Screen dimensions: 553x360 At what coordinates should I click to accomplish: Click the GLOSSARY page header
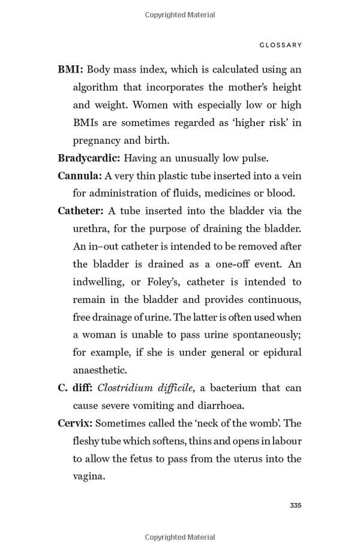281,45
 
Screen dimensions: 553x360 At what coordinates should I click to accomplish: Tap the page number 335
295,506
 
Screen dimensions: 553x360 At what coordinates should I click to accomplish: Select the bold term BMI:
70,70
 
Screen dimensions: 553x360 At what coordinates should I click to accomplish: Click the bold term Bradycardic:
89,158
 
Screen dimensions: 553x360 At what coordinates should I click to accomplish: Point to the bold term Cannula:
80,176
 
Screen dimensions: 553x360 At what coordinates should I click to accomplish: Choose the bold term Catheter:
80,211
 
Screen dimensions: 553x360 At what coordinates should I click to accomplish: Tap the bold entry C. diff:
75,388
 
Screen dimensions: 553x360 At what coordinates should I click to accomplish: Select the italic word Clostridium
124,388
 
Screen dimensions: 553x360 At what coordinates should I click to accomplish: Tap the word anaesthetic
100,370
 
